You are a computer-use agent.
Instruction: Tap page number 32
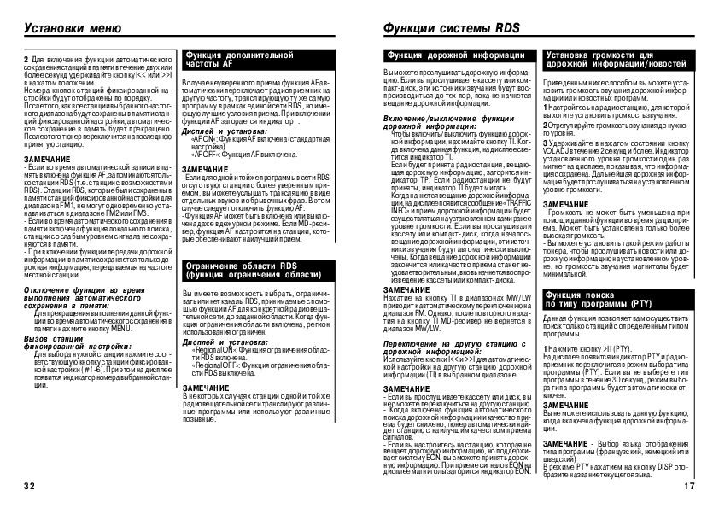[x=28, y=487]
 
